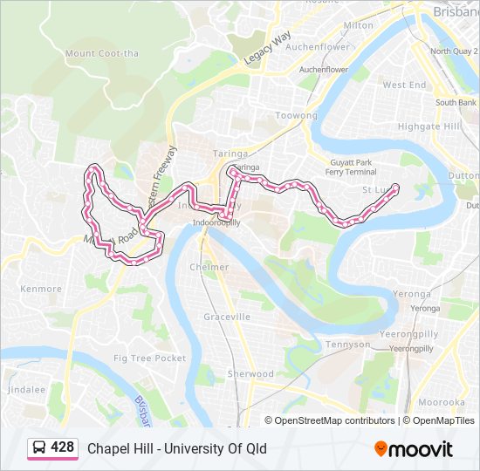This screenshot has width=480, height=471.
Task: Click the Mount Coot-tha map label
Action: (102, 53)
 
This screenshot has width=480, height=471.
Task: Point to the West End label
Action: (404, 85)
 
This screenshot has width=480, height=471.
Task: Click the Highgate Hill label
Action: (428, 126)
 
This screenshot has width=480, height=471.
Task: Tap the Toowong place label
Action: (296, 116)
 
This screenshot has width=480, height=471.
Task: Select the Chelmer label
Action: (209, 267)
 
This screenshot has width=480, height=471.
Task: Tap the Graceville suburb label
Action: (227, 317)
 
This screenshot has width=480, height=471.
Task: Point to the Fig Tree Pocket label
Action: (149, 358)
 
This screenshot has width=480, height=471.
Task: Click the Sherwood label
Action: (250, 373)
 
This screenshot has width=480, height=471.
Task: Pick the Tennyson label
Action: (346, 345)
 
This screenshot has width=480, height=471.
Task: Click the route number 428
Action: (62, 447)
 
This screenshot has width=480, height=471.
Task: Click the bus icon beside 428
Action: (39, 448)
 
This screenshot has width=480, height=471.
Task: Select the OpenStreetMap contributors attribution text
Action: (333, 420)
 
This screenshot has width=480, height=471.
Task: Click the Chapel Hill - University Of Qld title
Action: (176, 448)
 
